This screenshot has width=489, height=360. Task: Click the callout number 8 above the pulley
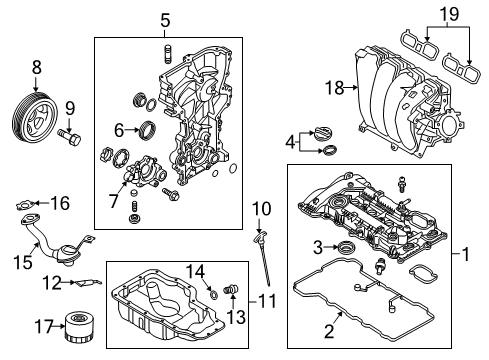pos(37,68)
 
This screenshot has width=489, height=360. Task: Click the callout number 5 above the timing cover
pos(166,19)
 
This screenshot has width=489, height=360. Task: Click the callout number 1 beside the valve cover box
pos(465,255)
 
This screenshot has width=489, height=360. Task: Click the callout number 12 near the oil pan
pos(53,283)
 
